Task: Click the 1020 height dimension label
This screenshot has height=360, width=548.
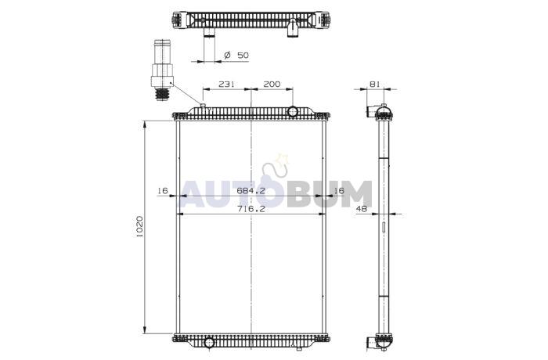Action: (x=139, y=226)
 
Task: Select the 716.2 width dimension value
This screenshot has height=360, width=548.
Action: (x=251, y=209)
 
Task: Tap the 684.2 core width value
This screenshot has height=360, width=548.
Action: (x=251, y=190)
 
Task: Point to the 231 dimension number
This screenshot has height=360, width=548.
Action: (x=227, y=84)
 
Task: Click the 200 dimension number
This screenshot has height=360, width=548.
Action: (x=272, y=84)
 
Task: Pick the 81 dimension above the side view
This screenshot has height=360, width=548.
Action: (x=375, y=84)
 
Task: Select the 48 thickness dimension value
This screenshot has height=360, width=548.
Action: (x=362, y=209)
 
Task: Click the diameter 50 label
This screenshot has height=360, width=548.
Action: (x=236, y=55)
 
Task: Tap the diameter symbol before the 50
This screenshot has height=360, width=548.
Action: (x=228, y=55)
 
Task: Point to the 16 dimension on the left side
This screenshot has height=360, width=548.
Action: (x=163, y=190)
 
